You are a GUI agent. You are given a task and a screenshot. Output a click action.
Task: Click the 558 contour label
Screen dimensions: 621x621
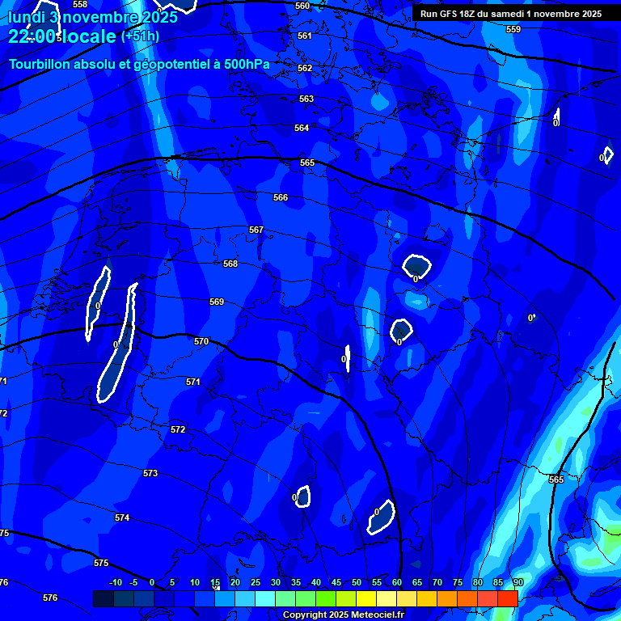click(79, 4)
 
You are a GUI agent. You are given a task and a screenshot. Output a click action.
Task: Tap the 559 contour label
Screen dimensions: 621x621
click(513, 29)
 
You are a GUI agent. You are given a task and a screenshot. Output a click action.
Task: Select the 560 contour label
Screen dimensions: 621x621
click(302, 6)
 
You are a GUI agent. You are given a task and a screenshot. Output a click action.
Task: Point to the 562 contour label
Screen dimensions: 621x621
click(305, 69)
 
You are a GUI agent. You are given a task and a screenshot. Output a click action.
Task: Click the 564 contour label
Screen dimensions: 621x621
click(302, 129)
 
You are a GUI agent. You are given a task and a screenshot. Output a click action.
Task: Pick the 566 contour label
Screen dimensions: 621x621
click(281, 198)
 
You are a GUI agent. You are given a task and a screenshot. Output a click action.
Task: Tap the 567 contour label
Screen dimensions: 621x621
click(256, 230)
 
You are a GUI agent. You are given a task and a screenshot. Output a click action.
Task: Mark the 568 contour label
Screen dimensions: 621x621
click(230, 264)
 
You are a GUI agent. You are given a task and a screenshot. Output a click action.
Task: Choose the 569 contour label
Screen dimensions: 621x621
click(217, 302)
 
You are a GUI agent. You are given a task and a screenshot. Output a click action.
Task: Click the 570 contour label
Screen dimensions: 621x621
click(201, 342)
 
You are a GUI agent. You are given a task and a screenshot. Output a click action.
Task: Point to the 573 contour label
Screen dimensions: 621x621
click(150, 473)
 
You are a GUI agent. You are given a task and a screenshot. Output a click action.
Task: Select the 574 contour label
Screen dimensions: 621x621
click(122, 517)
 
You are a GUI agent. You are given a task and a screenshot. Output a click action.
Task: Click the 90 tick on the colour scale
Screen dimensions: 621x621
click(517, 583)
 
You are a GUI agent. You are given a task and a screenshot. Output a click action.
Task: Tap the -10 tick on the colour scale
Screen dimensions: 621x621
click(116, 583)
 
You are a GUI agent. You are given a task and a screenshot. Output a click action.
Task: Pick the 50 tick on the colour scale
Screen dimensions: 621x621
click(357, 583)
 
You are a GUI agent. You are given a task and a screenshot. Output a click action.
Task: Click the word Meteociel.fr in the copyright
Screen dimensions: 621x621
click(370, 615)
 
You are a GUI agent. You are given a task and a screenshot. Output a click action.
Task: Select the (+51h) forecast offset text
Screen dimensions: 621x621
click(140, 36)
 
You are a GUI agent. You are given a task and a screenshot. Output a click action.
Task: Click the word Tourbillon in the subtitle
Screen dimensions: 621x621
click(40, 65)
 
